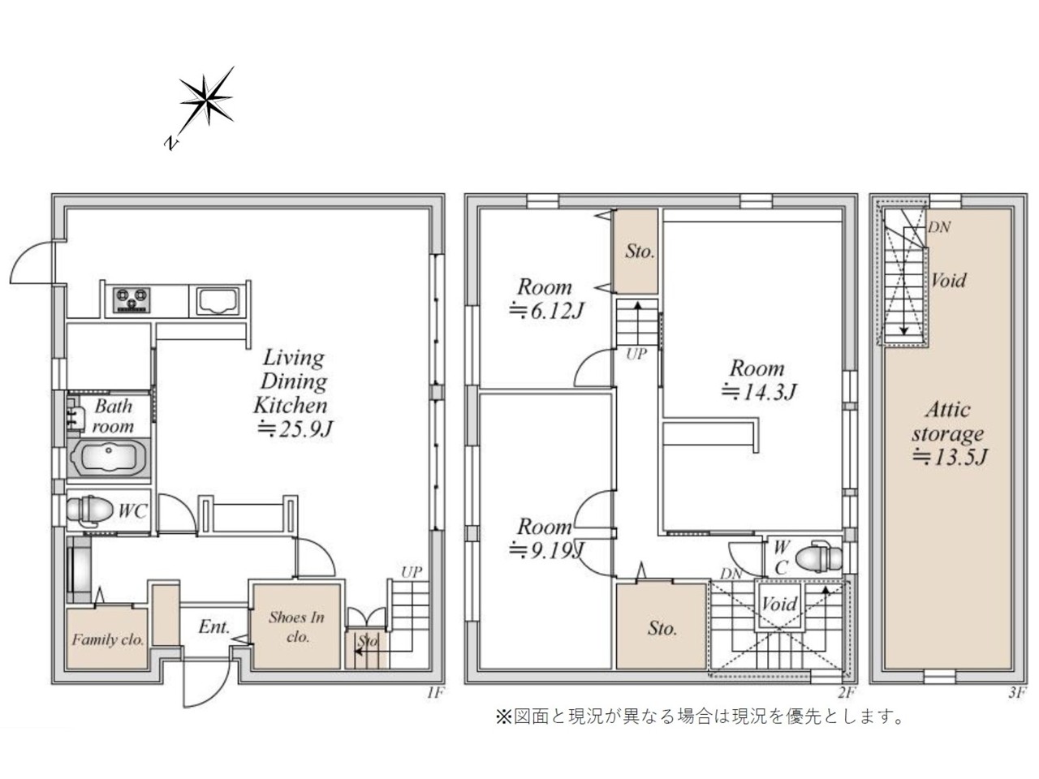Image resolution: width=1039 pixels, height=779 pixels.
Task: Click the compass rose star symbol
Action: click(x=206, y=99)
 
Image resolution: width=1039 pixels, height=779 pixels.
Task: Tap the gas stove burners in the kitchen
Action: click(x=131, y=300)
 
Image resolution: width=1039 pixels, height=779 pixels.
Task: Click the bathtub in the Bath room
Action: click(x=109, y=458)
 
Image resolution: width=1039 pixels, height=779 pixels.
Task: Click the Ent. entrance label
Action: click(x=214, y=627)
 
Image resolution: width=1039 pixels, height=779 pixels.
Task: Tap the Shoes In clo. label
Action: click(x=297, y=626)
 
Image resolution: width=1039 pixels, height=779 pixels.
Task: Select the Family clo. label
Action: click(x=107, y=640)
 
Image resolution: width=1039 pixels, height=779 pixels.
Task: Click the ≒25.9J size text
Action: click(x=295, y=428)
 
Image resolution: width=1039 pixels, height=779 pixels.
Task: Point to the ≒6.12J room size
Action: click(x=545, y=311)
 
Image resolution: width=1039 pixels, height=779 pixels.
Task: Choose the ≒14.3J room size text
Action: click(x=758, y=392)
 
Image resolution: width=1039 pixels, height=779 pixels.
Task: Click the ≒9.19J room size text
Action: click(x=545, y=550)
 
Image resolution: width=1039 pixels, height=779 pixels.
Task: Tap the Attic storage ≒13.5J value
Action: click(x=949, y=457)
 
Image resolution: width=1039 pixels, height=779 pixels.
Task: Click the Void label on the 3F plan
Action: click(x=948, y=280)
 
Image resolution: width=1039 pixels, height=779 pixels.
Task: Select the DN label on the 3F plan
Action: click(x=938, y=227)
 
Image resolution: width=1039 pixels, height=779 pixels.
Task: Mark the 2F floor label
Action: click(x=847, y=693)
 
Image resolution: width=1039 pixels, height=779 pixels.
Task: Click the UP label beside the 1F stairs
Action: click(x=411, y=572)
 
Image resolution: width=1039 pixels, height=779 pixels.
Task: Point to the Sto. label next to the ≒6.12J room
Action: click(x=640, y=252)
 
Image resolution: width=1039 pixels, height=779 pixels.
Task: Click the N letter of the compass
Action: click(x=172, y=143)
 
